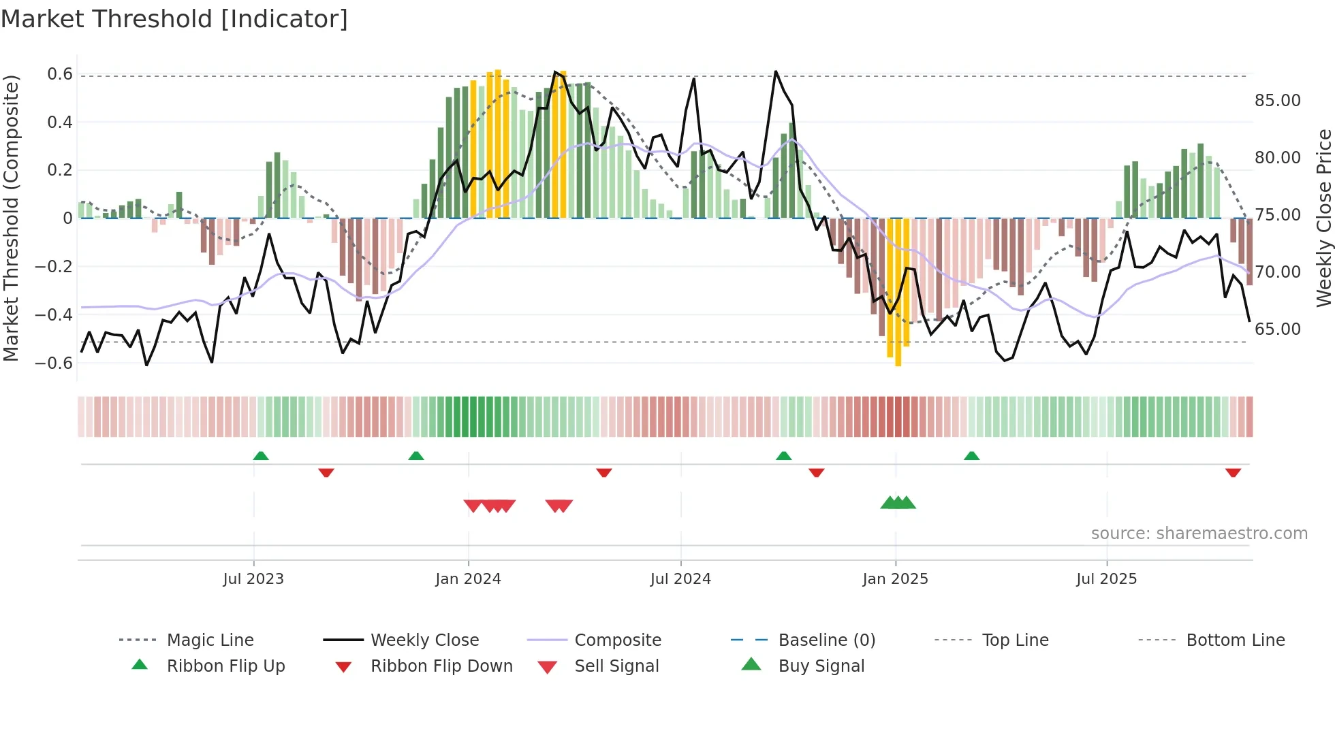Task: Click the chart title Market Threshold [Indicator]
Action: click(174, 19)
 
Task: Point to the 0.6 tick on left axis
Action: click(60, 74)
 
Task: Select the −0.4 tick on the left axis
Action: click(54, 314)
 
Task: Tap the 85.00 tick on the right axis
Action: click(1277, 101)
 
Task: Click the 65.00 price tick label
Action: click(1277, 329)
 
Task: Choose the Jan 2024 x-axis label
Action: click(468, 579)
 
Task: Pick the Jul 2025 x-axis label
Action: click(1106, 579)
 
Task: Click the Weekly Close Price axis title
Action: click(1323, 218)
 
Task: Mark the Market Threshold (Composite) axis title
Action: click(11, 218)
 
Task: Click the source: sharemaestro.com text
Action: click(1199, 534)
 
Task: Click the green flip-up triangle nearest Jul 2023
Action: click(261, 456)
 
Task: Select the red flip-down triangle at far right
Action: click(1233, 472)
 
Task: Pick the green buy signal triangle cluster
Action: click(898, 503)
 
